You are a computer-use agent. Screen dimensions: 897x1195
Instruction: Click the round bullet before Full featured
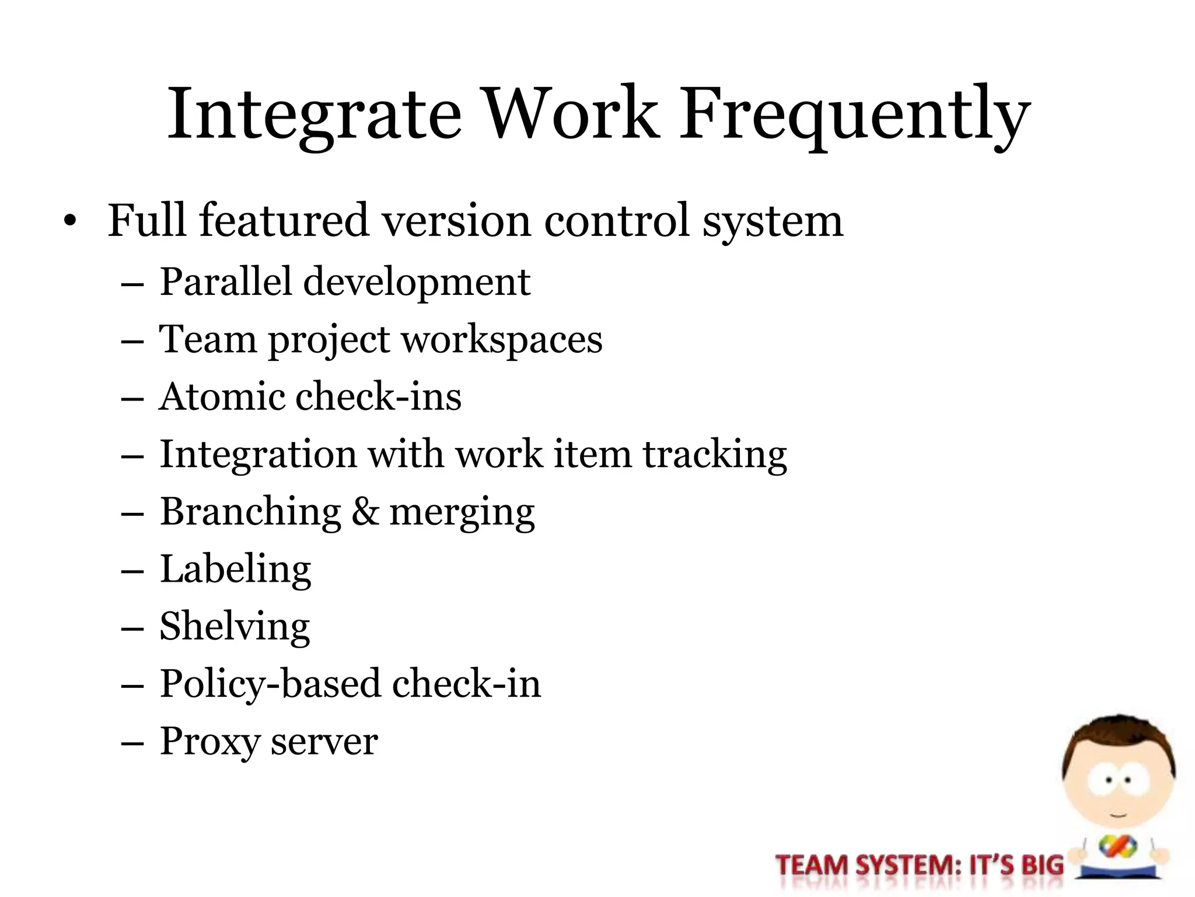(70, 221)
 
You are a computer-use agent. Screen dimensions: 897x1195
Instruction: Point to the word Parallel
(225, 281)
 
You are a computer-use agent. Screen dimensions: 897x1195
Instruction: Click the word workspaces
(502, 340)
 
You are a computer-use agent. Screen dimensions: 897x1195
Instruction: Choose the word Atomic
(221, 397)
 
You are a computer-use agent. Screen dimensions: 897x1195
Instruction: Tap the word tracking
(715, 455)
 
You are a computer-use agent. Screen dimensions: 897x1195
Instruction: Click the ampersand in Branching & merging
(365, 512)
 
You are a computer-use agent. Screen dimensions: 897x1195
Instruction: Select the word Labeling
(236, 569)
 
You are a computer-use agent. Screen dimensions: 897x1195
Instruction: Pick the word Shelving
(235, 627)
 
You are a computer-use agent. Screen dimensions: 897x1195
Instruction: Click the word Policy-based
(270, 684)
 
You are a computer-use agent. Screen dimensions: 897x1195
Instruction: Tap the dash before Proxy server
(132, 743)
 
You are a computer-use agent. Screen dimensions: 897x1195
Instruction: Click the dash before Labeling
(132, 571)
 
